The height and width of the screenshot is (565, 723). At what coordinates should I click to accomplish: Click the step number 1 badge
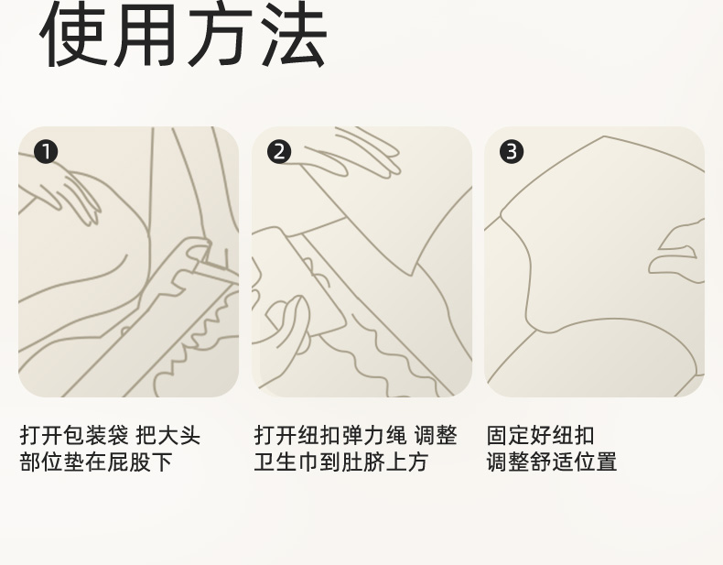[x=46, y=152]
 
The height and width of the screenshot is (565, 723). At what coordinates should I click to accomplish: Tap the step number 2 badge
[x=279, y=152]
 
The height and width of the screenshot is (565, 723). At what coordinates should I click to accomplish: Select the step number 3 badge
[x=512, y=152]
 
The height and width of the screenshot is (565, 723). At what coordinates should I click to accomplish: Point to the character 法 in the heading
[x=293, y=35]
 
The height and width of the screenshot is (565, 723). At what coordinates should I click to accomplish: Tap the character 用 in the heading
[x=146, y=35]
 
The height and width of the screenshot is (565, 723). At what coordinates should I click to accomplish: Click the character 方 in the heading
[x=220, y=35]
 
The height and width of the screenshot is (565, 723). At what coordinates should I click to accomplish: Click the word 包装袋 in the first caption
[x=96, y=435]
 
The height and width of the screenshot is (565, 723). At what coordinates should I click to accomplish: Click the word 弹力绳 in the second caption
[x=374, y=435]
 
